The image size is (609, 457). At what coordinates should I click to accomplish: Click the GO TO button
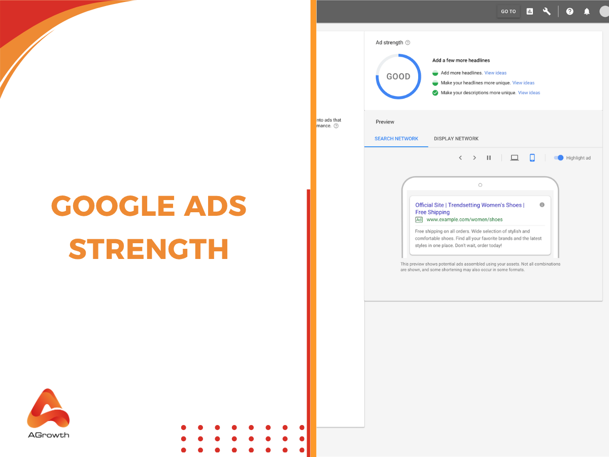pyautogui.click(x=508, y=11)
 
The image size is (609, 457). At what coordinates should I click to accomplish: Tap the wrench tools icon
pyautogui.click(x=547, y=11)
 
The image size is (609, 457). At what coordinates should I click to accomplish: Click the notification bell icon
pyautogui.click(x=587, y=11)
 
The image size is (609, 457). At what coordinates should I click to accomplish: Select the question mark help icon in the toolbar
pyautogui.click(x=570, y=11)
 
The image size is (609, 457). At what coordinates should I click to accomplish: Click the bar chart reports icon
pyautogui.click(x=530, y=11)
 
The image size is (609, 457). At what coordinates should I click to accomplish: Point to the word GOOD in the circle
pyautogui.click(x=398, y=77)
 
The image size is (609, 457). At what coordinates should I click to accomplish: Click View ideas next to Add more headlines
pyautogui.click(x=495, y=73)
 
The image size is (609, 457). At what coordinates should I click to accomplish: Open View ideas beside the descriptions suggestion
pyautogui.click(x=529, y=93)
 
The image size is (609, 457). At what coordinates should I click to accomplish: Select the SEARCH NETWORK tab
pyautogui.click(x=396, y=139)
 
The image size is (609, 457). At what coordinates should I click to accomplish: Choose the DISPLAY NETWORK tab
pyautogui.click(x=456, y=139)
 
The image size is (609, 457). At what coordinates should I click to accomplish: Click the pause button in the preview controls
pyautogui.click(x=489, y=158)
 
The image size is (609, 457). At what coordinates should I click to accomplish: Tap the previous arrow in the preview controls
pyautogui.click(x=460, y=158)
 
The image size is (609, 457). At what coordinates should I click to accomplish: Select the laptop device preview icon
pyautogui.click(x=515, y=158)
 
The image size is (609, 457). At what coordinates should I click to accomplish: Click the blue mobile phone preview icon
pyautogui.click(x=532, y=158)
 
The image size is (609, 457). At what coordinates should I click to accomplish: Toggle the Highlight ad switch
pyautogui.click(x=559, y=158)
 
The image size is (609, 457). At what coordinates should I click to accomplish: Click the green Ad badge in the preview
pyautogui.click(x=419, y=220)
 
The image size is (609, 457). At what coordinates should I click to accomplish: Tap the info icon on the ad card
pyautogui.click(x=542, y=205)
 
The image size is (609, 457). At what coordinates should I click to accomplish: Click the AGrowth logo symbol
pyautogui.click(x=48, y=408)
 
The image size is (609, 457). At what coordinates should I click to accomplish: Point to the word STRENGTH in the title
pyautogui.click(x=149, y=249)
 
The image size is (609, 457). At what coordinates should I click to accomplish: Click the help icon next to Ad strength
pyautogui.click(x=408, y=43)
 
